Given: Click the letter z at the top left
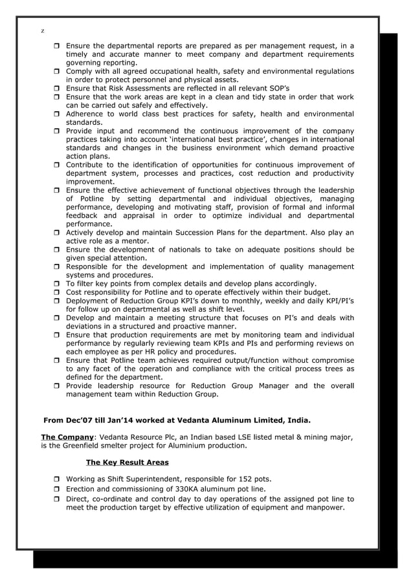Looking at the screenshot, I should (x=42, y=30).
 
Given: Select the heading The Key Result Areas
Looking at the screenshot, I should (x=127, y=462).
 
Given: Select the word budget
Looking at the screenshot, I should (x=315, y=292).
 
